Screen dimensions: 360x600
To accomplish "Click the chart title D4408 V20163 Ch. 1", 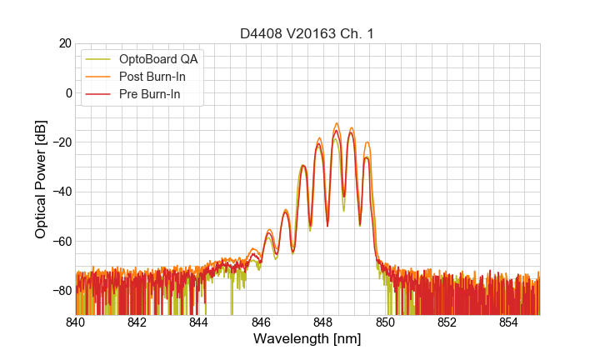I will [x=307, y=33].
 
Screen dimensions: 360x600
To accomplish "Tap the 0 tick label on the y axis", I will [x=68, y=92].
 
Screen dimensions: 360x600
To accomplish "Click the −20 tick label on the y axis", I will [x=61, y=142].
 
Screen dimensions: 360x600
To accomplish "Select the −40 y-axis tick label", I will [x=61, y=192].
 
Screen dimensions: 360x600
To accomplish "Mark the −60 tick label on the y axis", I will [x=61, y=242].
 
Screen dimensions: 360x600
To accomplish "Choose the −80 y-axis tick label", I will [x=61, y=291].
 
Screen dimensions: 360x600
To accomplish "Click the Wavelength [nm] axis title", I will [x=307, y=339].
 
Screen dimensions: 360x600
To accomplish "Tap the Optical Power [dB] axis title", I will [x=41, y=179].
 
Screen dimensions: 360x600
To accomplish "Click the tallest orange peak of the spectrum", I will [x=337, y=123].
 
